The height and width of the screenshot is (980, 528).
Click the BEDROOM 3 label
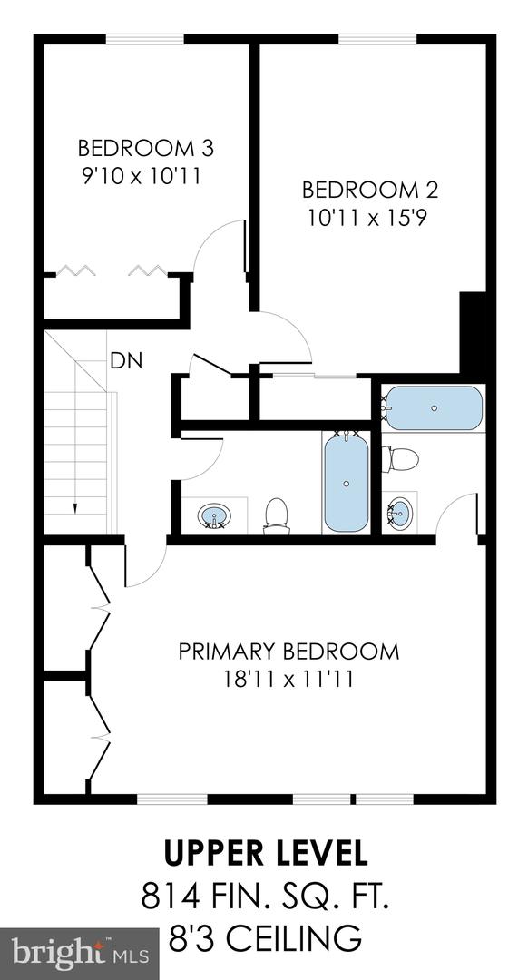coord(145,147)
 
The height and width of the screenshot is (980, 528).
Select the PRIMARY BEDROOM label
coord(288,652)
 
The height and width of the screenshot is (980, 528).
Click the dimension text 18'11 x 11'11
coord(288,679)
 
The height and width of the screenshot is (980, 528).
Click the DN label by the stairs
coord(125,360)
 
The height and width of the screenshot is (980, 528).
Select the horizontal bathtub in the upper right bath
coord(434,408)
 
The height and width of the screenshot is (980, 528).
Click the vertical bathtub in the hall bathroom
coord(347,481)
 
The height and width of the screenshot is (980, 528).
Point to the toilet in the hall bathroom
coord(276,514)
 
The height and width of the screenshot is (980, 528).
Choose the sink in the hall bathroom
coord(214,517)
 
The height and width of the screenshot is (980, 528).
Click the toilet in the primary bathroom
coord(400,459)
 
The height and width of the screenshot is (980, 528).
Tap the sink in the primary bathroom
coord(398,514)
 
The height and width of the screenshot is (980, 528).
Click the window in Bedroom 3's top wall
coord(145,39)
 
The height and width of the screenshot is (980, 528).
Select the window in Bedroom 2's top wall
coord(378,39)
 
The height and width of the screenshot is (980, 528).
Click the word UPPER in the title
coord(214,855)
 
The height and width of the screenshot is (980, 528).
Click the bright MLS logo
coord(80,953)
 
